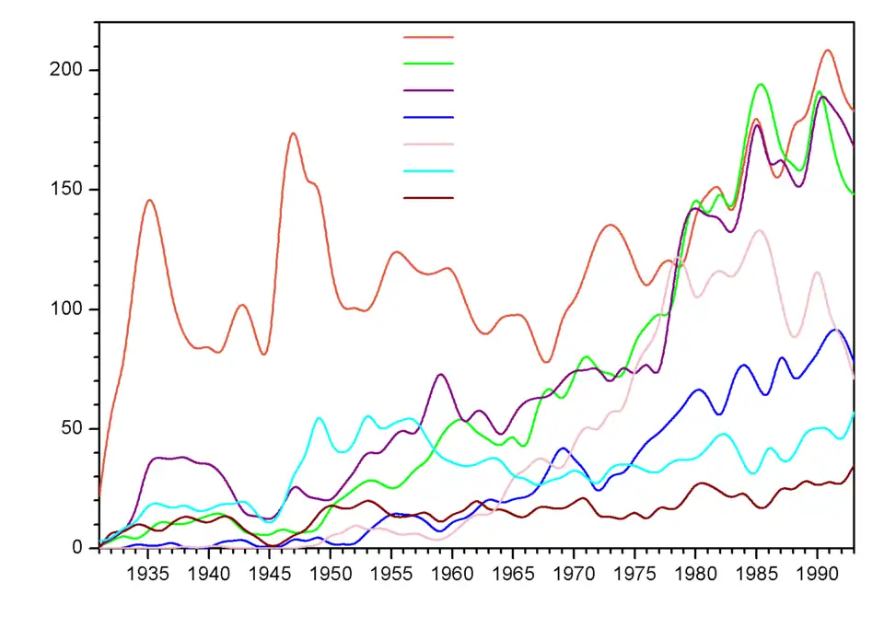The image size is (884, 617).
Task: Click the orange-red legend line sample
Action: (428, 37)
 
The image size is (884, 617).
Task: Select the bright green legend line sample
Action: (428, 64)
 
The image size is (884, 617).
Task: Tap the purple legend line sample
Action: (428, 90)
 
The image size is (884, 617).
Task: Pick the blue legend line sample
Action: (428, 117)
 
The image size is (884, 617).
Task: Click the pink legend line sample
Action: (428, 144)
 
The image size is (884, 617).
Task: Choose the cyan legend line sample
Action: (428, 170)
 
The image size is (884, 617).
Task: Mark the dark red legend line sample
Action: (428, 197)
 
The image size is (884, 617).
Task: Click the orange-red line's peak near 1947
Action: (293, 134)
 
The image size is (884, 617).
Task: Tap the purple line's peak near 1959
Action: (441, 375)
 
